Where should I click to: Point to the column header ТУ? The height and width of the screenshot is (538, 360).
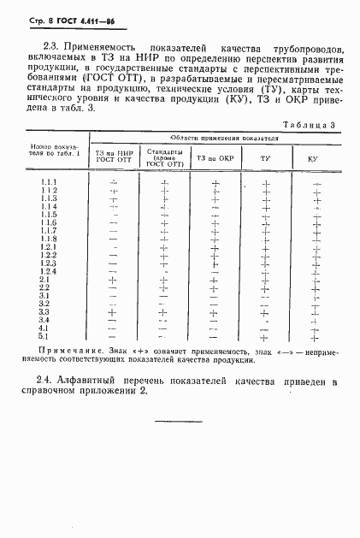pyautogui.click(x=265, y=158)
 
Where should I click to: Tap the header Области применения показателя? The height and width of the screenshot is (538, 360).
pyautogui.click(x=218, y=138)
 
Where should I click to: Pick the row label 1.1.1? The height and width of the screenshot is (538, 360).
pyautogui.click(x=49, y=183)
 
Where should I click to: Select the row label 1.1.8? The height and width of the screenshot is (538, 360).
pyautogui.click(x=49, y=239)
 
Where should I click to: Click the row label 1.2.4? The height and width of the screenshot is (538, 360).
pyautogui.click(x=49, y=272)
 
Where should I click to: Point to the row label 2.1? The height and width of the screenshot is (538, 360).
pyautogui.click(x=46, y=280)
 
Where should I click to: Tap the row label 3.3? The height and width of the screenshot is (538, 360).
pyautogui.click(x=46, y=312)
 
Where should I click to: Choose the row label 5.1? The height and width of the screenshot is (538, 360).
pyautogui.click(x=46, y=336)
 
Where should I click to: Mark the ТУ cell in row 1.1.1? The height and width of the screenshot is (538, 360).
pyautogui.click(x=265, y=183)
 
